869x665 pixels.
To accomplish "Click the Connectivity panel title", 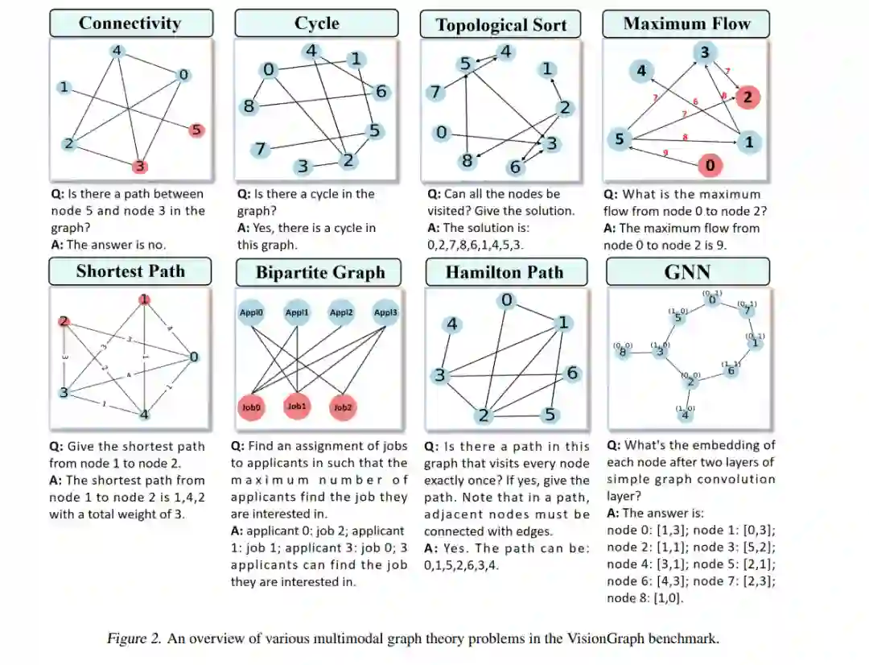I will coord(130,23).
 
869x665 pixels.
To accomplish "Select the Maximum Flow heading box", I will coord(686,24).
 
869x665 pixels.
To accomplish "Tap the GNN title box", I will coord(686,271).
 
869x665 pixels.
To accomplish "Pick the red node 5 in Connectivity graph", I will coord(197,129).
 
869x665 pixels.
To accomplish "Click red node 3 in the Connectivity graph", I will coord(139,166).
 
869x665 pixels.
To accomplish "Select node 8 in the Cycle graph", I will coord(249,105).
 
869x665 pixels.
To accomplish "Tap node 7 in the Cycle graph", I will coord(259,149).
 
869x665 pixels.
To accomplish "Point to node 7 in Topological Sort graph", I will coord(435,93).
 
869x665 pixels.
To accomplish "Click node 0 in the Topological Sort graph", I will coord(441,132).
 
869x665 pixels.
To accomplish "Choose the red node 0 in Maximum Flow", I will coord(709,166).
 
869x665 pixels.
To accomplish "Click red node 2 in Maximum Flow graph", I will coord(747,97).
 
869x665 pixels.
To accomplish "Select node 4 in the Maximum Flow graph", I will coord(641,71).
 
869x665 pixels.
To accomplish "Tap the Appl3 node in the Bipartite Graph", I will coord(385,312).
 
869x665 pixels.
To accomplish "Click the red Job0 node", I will coord(252,407).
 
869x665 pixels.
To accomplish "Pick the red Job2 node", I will coord(343,407).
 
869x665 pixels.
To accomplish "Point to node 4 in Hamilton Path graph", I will coord(452,324).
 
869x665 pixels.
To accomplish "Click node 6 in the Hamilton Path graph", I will coord(572,373).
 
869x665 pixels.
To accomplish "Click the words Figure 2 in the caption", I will coord(130,639).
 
